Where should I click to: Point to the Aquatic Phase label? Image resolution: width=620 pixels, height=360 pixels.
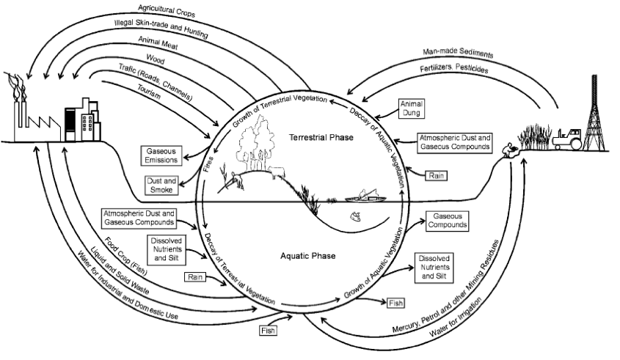(308, 256)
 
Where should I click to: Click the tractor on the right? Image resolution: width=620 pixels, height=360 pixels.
(568, 139)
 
